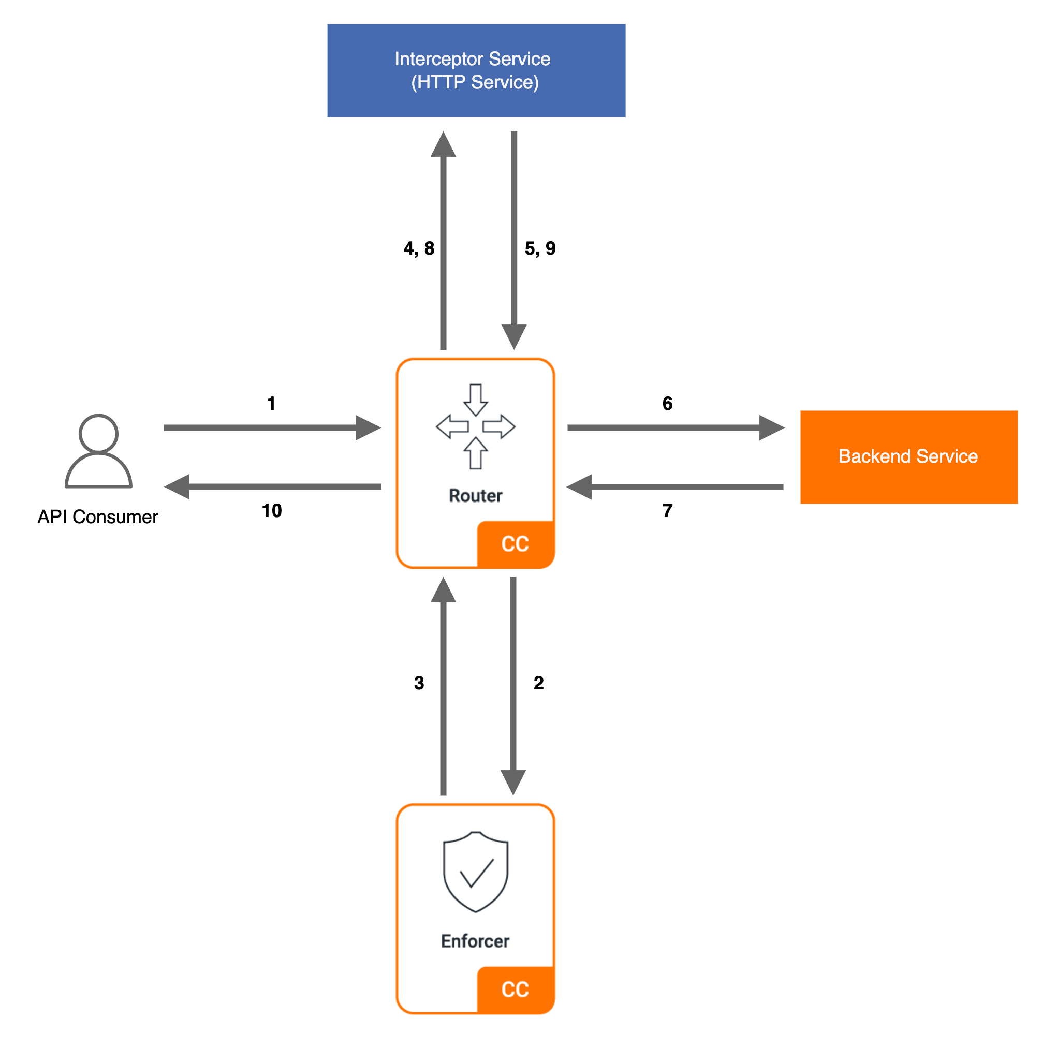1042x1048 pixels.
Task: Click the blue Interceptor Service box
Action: [476, 70]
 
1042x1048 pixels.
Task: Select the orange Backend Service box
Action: [908, 457]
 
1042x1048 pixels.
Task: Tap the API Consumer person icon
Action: [98, 451]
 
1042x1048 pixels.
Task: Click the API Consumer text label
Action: [98, 517]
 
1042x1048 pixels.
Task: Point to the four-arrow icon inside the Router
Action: [475, 426]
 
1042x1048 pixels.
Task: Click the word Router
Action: [475, 495]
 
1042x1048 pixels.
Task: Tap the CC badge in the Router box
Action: [515, 544]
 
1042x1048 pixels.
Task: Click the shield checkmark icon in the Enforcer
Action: [475, 872]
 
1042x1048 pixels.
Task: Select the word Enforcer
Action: [475, 941]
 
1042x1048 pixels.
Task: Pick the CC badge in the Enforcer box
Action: [515, 990]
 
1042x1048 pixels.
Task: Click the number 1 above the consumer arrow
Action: [271, 404]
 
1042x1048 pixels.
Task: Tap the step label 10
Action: [272, 510]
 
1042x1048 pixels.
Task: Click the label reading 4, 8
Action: [419, 248]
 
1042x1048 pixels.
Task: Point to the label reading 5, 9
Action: [540, 248]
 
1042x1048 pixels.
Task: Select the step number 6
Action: [667, 404]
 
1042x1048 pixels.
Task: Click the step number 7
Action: [667, 510]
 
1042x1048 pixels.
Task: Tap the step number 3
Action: [419, 683]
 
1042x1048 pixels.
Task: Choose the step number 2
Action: [538, 683]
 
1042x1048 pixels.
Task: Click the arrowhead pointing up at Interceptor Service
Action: [443, 145]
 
